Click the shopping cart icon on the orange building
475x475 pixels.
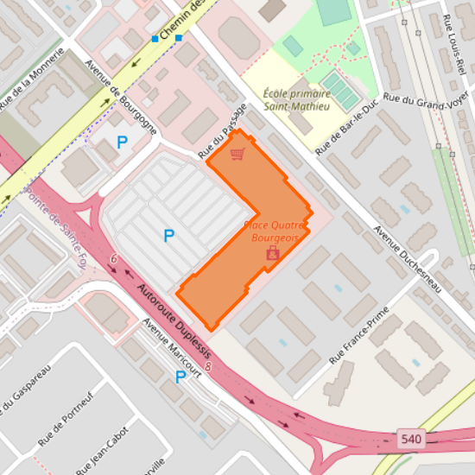tap(237, 154)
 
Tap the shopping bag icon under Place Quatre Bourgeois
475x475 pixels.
tap(273, 253)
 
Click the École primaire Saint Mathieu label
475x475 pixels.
tap(297, 100)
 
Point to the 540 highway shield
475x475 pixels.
tap(412, 440)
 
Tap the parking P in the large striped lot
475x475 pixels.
tap(169, 235)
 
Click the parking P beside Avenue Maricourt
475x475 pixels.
tap(180, 377)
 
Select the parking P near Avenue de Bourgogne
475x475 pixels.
tap(122, 142)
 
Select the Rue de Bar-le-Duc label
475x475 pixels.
tap(348, 125)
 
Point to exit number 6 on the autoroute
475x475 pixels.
tap(113, 258)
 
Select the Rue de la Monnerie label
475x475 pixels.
tap(32, 79)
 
